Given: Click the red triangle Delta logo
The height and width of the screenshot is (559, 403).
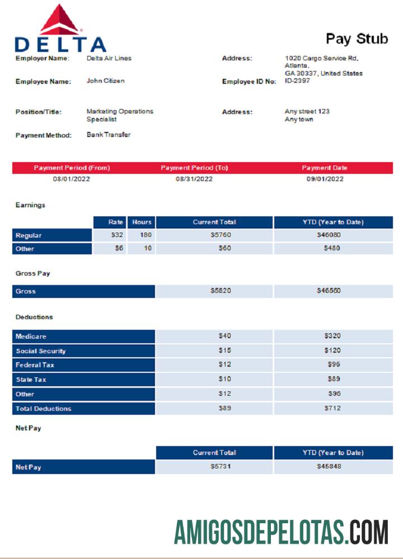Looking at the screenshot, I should [60, 21].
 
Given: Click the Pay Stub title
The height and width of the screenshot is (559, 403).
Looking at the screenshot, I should [357, 39].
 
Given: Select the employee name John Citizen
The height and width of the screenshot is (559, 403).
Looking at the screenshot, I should [106, 81].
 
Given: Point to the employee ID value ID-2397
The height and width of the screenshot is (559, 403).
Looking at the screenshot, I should [297, 81].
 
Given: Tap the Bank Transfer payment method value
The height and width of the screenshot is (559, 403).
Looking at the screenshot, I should [109, 135].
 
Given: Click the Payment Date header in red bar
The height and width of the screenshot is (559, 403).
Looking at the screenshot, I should [325, 168].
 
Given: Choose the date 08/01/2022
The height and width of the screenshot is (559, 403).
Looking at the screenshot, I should [72, 179].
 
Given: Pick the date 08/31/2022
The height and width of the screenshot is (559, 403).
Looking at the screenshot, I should [194, 179].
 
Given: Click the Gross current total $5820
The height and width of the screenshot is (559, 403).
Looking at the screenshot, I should [221, 291].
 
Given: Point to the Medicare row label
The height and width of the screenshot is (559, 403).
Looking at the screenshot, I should [31, 337].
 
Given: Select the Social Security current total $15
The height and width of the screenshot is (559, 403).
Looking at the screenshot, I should [224, 351].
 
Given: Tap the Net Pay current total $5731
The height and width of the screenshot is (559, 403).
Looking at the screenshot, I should [221, 467].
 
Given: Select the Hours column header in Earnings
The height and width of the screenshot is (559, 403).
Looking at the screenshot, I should [142, 222].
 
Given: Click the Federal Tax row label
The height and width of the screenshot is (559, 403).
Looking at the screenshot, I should [35, 366].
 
